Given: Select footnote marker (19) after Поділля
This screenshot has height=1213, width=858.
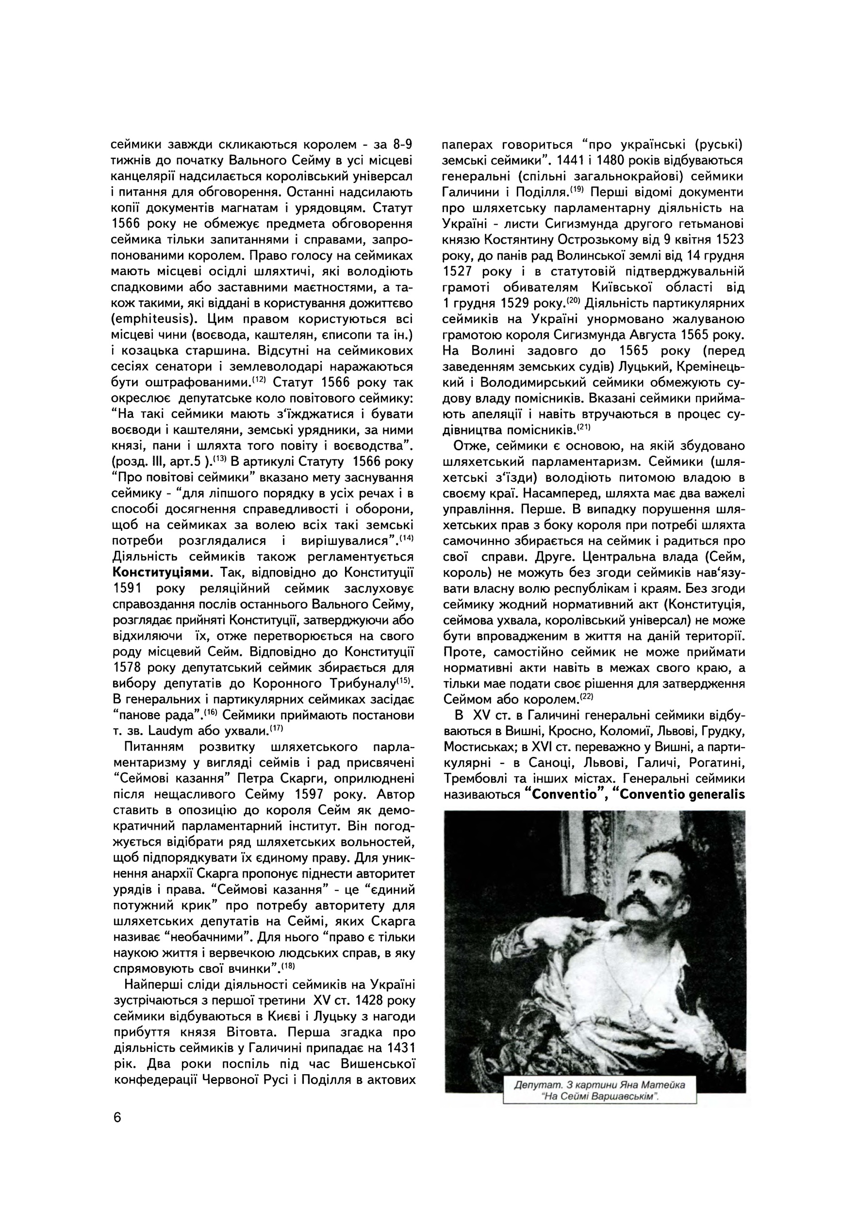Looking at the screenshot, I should click(x=576, y=189).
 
